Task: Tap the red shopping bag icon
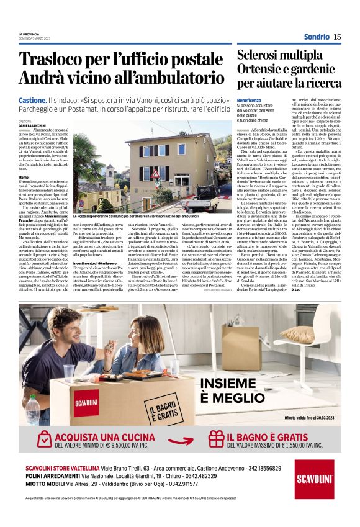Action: click(31, 441)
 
